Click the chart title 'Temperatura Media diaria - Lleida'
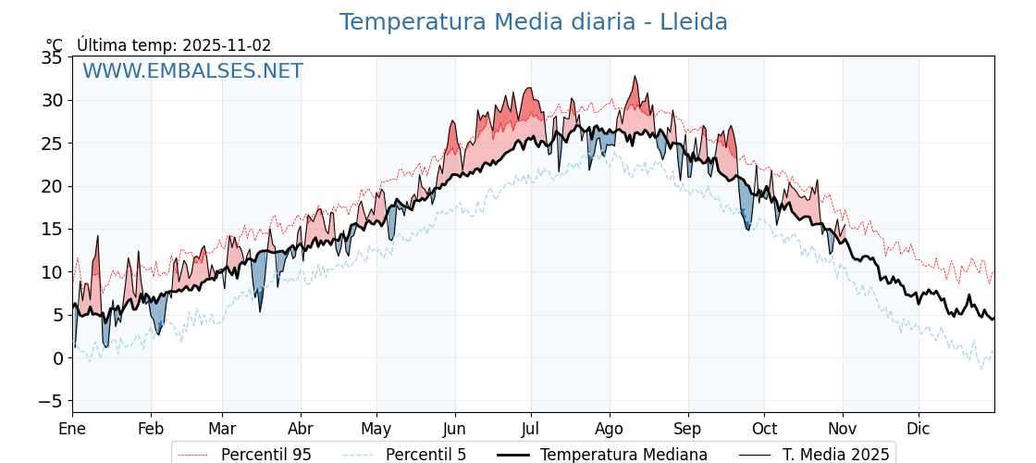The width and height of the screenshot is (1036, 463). tap(533, 22)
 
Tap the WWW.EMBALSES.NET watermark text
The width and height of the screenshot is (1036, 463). tap(192, 71)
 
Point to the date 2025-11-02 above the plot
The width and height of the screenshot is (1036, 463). tap(227, 45)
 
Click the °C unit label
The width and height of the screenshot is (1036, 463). tap(55, 45)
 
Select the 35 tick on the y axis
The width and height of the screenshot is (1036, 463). tap(52, 57)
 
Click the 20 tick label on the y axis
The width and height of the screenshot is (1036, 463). tap(52, 186)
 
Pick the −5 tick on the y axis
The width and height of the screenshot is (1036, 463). tap(48, 401)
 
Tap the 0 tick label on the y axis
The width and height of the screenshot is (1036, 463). tap(57, 358)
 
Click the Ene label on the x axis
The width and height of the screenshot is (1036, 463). tap(72, 429)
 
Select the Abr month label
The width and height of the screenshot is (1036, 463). tap(301, 429)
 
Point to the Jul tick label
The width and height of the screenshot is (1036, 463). tap(531, 429)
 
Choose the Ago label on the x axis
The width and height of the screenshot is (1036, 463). tap(609, 429)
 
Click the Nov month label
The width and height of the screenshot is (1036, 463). tap(843, 429)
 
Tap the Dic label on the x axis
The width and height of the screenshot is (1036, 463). tap(919, 429)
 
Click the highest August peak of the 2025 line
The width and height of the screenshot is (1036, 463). tap(635, 77)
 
